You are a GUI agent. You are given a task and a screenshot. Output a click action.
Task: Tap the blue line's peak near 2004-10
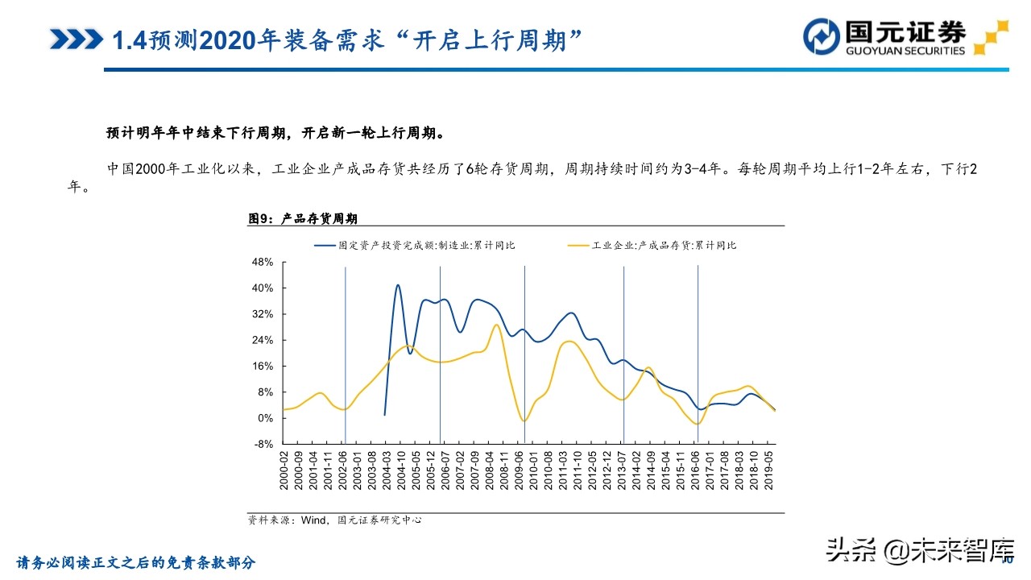pos(398,285)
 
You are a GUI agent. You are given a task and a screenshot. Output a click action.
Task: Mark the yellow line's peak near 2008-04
pos(495,325)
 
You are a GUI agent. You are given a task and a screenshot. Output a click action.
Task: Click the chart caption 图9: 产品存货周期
pos(303,218)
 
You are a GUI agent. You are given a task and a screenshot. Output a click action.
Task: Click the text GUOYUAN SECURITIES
pos(905,51)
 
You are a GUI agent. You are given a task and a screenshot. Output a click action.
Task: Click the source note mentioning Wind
pos(335,520)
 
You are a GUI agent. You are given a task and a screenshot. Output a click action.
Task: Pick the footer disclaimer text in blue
pos(136,562)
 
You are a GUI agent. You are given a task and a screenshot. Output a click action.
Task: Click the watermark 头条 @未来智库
pos(917,550)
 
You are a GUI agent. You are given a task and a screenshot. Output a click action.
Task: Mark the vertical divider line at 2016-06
pos(698,354)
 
